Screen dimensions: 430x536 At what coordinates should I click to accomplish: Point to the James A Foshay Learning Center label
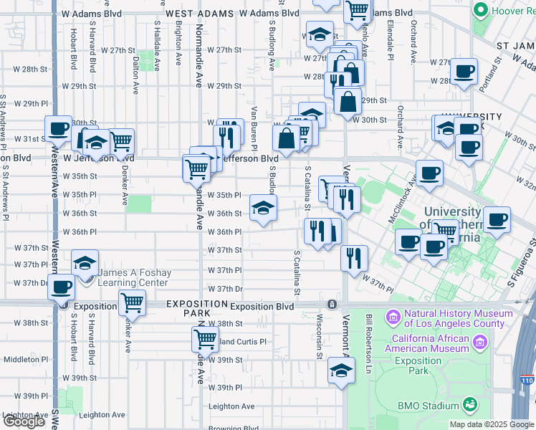(133, 277)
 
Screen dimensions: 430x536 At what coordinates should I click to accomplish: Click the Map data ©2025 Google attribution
(492, 424)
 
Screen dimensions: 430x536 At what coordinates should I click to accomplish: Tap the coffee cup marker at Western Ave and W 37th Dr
(60, 287)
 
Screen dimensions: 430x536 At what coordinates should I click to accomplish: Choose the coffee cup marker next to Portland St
(463, 72)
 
